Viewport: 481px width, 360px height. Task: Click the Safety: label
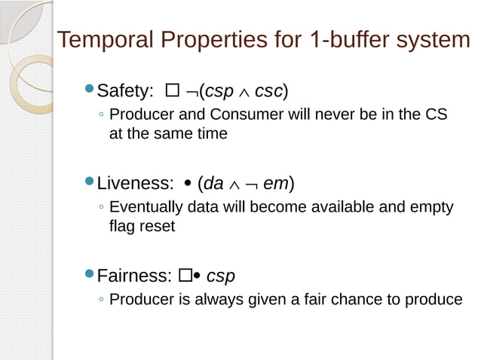[x=125, y=92]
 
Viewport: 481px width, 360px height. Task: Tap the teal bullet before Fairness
[x=89, y=274]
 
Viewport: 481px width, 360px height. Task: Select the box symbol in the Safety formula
[x=171, y=92]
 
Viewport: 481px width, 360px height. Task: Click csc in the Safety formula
[x=268, y=92]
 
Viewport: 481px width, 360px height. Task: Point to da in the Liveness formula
[x=213, y=183]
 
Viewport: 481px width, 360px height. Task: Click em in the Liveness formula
[x=275, y=183]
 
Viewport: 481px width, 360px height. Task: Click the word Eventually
[x=145, y=207]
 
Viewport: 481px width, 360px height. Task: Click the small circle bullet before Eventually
[x=101, y=208]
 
